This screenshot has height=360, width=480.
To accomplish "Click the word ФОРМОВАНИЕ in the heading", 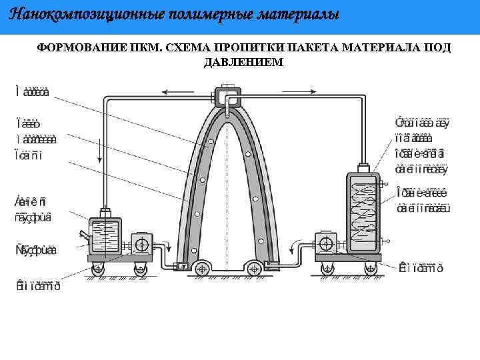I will coord(73,48).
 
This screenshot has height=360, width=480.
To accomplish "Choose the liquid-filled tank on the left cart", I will coord(104,237).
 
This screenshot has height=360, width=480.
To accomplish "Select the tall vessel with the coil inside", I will coord(362,213).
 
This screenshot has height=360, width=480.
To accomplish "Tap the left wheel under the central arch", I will coord(201,269).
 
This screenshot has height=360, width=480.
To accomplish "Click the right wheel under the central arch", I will coord(253,269).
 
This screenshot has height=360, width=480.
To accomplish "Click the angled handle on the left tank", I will coord(83,234).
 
